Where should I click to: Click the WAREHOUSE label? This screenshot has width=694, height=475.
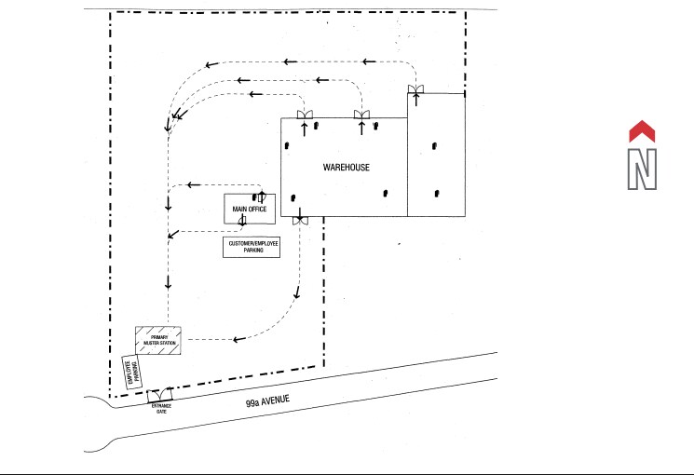(347, 168)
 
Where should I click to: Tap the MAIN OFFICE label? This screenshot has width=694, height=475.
(250, 210)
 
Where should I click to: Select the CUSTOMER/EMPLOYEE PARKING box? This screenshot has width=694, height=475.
(251, 247)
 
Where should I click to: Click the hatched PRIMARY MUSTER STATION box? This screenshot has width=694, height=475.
(157, 341)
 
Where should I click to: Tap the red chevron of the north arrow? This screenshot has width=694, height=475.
(643, 131)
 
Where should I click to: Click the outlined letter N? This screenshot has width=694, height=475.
(643, 169)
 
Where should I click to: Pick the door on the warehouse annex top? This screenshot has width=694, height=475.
(415, 89)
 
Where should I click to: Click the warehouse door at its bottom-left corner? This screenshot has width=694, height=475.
(300, 220)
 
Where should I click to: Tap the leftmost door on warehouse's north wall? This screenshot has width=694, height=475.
(304, 115)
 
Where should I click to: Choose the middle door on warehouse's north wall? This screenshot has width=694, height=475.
(361, 115)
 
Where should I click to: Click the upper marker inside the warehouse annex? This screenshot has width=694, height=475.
(434, 146)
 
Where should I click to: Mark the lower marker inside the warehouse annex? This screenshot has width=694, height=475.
(437, 193)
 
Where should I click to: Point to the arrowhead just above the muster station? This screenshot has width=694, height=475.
(168, 282)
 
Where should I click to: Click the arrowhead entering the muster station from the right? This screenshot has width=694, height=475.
(238, 339)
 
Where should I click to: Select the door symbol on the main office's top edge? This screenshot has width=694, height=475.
(262, 196)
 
